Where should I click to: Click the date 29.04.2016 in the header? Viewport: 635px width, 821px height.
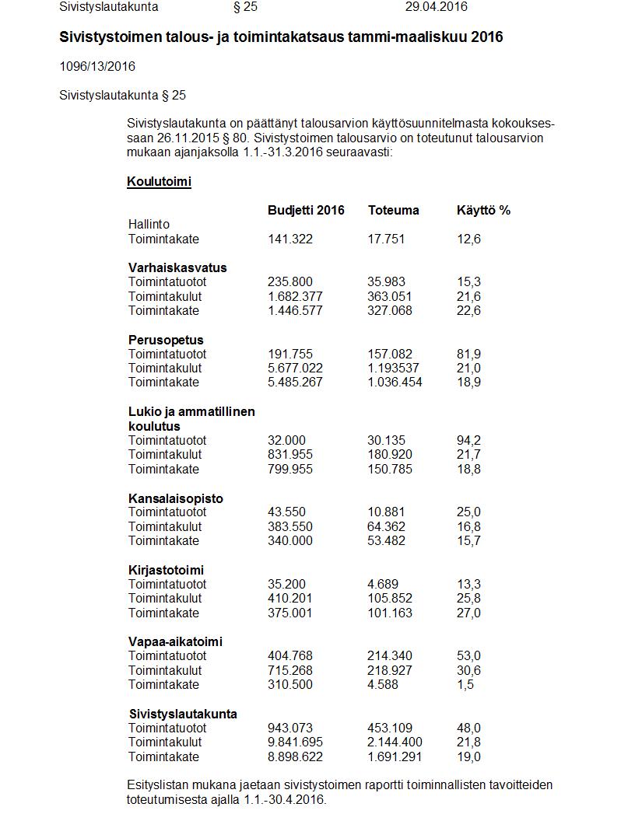436,7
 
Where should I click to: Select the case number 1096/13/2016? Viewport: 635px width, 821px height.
97,66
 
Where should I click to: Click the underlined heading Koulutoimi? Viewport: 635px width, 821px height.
159,182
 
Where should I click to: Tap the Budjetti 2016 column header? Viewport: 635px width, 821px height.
306,210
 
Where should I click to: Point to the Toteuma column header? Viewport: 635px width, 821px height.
393,210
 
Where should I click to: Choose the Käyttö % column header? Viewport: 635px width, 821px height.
483,210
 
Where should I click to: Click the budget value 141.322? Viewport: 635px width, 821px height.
290,239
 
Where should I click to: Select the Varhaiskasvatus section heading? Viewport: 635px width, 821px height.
177,267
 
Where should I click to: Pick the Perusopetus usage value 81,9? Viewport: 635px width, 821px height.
468,354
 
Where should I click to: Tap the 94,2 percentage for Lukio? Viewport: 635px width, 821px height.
468,440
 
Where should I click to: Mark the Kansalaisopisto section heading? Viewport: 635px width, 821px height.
175,498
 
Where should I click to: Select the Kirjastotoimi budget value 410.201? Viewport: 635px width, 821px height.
290,598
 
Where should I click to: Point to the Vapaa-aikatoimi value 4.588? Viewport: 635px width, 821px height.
386,684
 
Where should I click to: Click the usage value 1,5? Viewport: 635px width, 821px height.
465,684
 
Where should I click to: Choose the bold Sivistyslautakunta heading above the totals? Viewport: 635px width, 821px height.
183,714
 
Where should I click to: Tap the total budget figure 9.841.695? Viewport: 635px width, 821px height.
295,742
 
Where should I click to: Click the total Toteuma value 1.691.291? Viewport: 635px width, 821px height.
395,756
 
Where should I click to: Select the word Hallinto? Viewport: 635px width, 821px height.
149,224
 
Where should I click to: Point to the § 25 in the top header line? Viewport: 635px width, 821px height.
245,7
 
